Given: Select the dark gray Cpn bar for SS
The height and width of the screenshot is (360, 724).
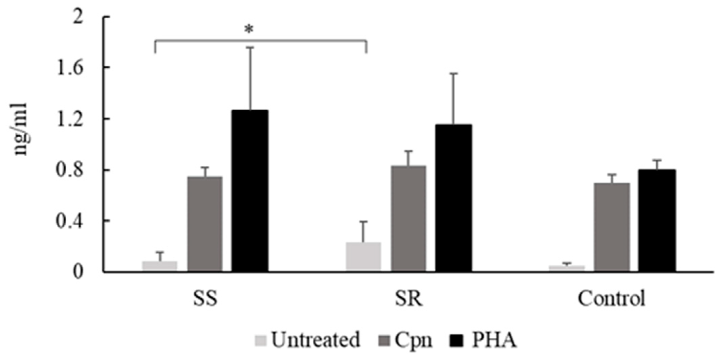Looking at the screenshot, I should (x=205, y=224).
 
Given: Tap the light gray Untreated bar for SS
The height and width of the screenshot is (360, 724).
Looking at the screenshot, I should (x=160, y=266).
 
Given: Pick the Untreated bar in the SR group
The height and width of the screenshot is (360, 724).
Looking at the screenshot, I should (x=363, y=256).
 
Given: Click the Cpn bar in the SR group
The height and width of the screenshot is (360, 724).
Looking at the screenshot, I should (x=409, y=218).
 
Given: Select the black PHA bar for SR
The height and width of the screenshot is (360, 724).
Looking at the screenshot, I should (x=454, y=198).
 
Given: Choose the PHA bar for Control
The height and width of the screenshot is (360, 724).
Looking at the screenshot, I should (x=657, y=220).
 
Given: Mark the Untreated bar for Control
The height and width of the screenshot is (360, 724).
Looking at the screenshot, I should (x=567, y=268).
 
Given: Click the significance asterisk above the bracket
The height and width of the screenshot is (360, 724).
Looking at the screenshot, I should (x=249, y=29).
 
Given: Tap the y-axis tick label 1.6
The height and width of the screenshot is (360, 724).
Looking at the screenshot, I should (x=70, y=68).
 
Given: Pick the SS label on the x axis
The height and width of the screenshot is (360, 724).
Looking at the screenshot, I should (x=205, y=298).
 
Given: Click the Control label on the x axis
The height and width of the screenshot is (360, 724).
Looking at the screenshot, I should (x=611, y=298).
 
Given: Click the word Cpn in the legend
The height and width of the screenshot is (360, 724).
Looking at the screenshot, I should (x=413, y=340).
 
